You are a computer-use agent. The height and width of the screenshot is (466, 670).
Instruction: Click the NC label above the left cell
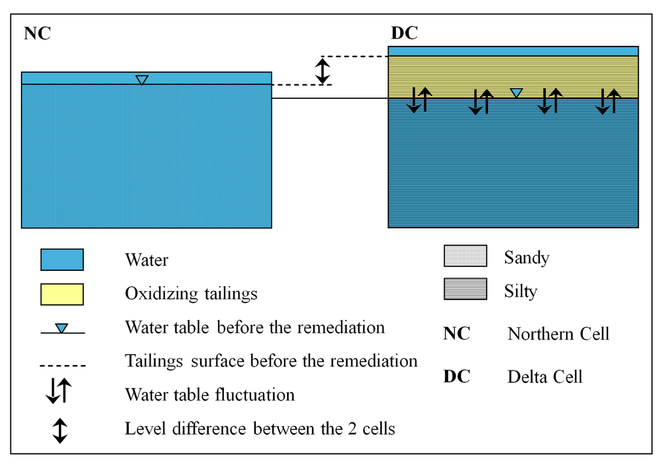pos(37,34)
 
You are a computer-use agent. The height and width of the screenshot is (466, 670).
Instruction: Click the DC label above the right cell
pos(404,33)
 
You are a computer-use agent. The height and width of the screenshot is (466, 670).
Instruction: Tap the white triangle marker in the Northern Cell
pos(142,80)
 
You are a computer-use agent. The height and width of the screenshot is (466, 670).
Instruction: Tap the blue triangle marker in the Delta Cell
pos(516,93)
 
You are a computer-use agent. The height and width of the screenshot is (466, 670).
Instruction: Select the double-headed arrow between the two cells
pos(323,71)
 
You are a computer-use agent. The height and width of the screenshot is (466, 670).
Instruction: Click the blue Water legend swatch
pos(62,259)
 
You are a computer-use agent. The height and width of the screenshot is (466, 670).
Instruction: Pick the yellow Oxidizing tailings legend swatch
pos(62,294)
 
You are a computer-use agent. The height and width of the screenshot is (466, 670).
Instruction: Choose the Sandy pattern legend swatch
pos(465,256)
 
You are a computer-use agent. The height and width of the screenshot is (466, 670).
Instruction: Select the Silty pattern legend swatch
pos(465,289)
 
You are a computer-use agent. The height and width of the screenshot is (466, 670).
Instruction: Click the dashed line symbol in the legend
pos(62,365)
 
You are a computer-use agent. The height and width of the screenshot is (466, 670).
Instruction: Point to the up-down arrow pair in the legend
pos(59,391)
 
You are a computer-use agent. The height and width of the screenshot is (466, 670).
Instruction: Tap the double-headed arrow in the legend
pos(60,430)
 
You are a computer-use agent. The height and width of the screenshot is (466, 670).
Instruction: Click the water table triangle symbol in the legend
pos(62,329)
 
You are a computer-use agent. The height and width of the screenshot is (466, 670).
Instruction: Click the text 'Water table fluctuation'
pos(209,395)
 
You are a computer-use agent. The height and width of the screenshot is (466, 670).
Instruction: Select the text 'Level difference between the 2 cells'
pos(260,429)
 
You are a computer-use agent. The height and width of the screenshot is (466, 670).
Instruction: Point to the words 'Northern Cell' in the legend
pos(558,334)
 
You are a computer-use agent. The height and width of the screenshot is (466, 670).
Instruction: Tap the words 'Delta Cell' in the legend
pos(544,376)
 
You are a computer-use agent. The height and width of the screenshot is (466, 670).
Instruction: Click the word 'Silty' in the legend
pos(521,291)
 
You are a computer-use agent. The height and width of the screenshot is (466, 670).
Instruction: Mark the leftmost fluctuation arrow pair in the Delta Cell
pos(419,100)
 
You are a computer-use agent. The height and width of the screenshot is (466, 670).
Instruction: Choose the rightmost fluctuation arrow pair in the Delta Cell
pos(608,101)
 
